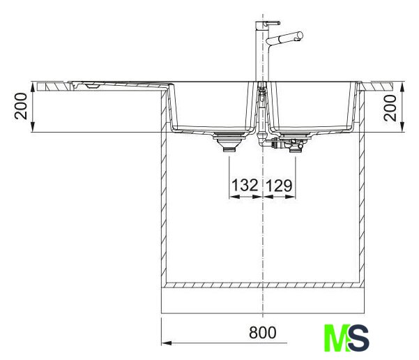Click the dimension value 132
(x=245, y=185)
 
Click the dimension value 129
(x=280, y=186)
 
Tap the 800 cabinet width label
(x=263, y=333)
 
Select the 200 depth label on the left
(x=21, y=106)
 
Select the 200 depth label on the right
(x=390, y=107)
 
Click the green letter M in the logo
(x=337, y=338)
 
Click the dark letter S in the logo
(x=358, y=338)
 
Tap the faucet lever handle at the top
(x=271, y=23)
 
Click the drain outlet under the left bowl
(x=229, y=142)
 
